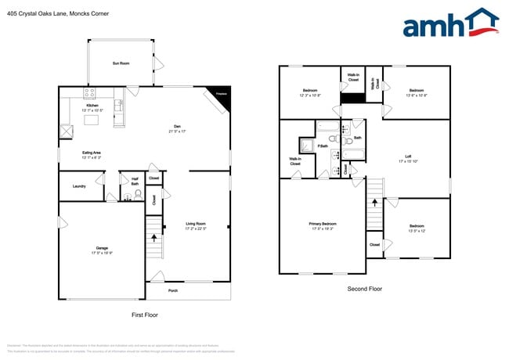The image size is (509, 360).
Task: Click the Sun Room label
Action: (121, 63)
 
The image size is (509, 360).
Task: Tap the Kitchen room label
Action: (92, 105)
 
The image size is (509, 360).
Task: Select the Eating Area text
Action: (91, 153)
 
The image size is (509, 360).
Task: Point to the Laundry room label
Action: (79, 186)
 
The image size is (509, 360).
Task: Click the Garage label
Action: (102, 249)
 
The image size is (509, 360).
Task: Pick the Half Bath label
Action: (135, 181)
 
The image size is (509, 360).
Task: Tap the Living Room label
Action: (196, 224)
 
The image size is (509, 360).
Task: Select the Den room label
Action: (177, 128)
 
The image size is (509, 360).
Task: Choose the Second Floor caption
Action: (365, 289)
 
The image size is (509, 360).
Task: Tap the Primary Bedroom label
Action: (322, 225)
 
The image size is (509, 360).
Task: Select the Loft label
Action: (408, 157)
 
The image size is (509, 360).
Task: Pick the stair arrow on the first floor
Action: (154, 236)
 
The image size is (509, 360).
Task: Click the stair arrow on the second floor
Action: (375, 202)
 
